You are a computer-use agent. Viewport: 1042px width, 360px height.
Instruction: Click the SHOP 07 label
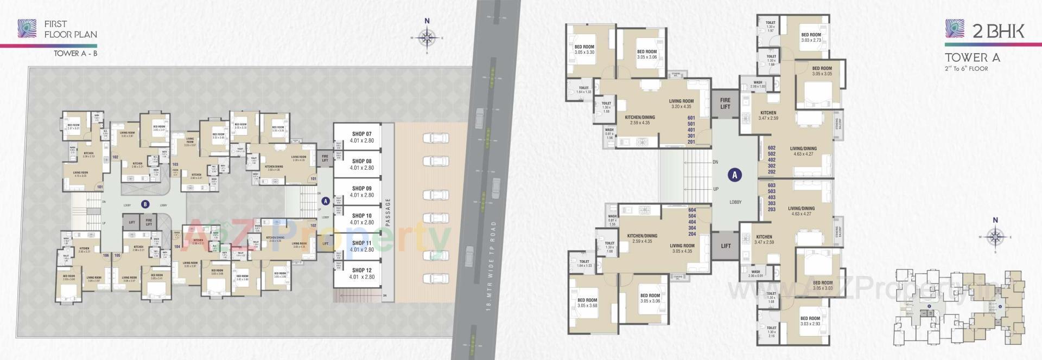coord(361,134)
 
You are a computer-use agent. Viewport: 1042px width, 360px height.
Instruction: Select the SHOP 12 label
coord(361,270)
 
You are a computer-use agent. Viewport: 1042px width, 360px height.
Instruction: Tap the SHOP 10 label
coord(361,216)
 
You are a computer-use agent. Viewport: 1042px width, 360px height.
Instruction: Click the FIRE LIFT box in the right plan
coord(725,103)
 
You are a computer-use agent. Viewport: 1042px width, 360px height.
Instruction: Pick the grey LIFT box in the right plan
coord(726,246)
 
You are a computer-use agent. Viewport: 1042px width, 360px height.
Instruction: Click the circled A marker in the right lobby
coord(735,175)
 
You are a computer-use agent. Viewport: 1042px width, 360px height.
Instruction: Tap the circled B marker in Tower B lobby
coord(145,204)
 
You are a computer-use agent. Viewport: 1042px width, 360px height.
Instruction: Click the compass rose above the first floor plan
coord(427,37)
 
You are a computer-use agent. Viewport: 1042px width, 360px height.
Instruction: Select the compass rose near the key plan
coord(995,237)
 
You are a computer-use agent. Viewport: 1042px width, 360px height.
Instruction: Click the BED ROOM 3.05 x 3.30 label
coord(584,49)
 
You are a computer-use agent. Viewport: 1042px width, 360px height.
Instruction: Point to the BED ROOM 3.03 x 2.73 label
coord(811,37)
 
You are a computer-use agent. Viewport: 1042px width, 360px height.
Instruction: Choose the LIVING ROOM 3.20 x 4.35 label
coord(681,104)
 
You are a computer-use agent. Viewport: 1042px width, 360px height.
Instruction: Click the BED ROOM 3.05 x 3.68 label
coord(587,303)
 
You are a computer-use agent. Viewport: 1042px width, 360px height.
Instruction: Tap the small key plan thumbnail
coord(958,306)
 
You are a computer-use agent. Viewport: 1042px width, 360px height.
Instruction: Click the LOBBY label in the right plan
coord(735,202)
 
